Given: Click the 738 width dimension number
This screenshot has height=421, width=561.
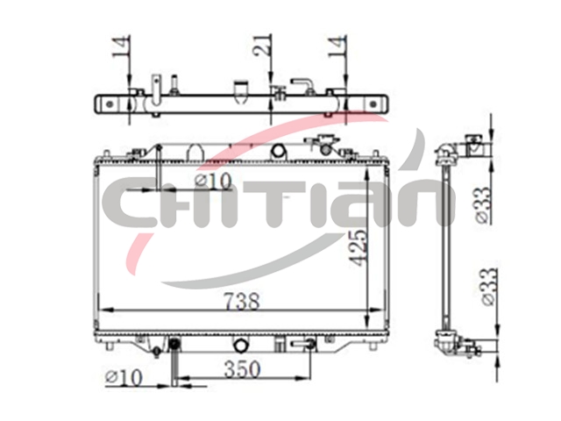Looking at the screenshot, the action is point(242,301).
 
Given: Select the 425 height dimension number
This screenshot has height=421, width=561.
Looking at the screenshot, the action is point(358,247).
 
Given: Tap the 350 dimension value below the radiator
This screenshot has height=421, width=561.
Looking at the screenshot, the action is point(242,369).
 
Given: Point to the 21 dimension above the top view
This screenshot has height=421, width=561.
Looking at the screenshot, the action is point(263,45).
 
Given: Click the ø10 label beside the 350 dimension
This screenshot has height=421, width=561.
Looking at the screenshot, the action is point(124,377).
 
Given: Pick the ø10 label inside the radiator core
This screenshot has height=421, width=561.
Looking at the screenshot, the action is point(213,182).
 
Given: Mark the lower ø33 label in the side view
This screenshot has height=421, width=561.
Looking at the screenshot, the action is point(490,287).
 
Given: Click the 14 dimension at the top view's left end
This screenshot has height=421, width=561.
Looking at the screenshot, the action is point(121,46).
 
